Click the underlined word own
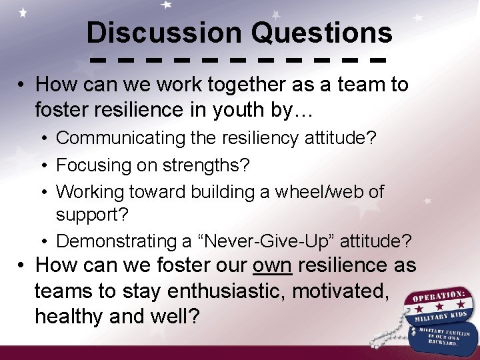[272, 265]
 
